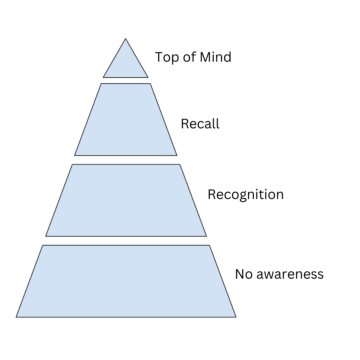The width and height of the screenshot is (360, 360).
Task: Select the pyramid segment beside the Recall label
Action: pos(126,120)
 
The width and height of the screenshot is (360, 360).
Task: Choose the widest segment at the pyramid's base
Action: pos(126,282)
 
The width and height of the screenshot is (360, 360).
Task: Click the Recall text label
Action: pos(200,124)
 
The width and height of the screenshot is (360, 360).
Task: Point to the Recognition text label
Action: pos(245,194)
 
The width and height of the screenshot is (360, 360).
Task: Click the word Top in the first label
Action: pos(165,57)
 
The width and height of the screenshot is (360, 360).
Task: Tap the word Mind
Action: pos(215,57)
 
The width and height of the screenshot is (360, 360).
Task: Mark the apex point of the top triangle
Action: pos(126,39)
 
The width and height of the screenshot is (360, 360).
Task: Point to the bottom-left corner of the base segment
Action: pos(16,317)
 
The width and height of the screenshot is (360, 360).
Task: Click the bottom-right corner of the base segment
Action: pos(236,317)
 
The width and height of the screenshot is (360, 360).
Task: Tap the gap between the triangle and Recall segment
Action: pos(126,80)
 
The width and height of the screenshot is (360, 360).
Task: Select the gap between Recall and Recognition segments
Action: pos(126,160)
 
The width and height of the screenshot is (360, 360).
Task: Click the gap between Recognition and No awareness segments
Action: pos(126,241)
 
